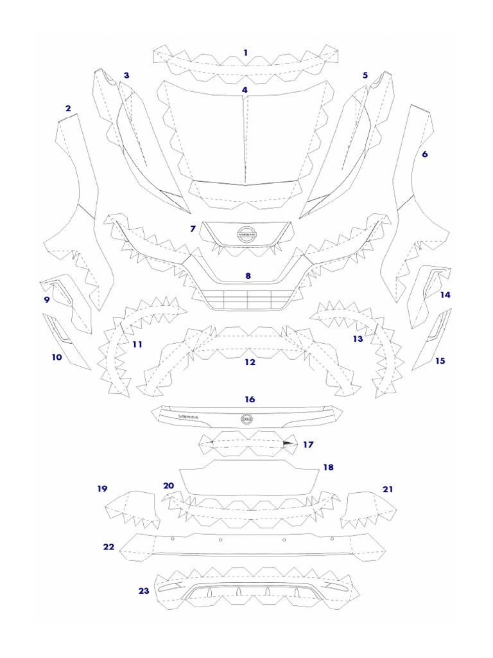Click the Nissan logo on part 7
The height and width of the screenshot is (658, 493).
click(247, 235)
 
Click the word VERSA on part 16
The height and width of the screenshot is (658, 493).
click(189, 418)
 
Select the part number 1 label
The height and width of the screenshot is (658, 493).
click(245, 51)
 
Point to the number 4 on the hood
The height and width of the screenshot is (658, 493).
click(245, 90)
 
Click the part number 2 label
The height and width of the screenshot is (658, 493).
click(68, 108)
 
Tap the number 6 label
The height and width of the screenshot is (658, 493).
click(424, 154)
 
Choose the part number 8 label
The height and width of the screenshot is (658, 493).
click(248, 276)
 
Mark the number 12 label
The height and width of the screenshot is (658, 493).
click(250, 362)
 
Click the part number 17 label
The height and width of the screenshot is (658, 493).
click(308, 444)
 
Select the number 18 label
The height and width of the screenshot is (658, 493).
click(329, 467)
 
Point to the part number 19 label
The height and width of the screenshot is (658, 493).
click(102, 489)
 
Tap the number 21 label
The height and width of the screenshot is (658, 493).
click(388, 489)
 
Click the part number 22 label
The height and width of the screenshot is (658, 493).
click(108, 547)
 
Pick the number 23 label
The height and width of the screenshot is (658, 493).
click(143, 591)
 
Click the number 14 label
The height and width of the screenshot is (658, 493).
click(445, 295)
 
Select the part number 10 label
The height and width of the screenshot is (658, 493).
click(57, 357)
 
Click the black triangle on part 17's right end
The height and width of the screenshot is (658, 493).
click(286, 444)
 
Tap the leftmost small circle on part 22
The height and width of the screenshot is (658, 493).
click(172, 535)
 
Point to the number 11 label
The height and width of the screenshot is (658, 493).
click(137, 344)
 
